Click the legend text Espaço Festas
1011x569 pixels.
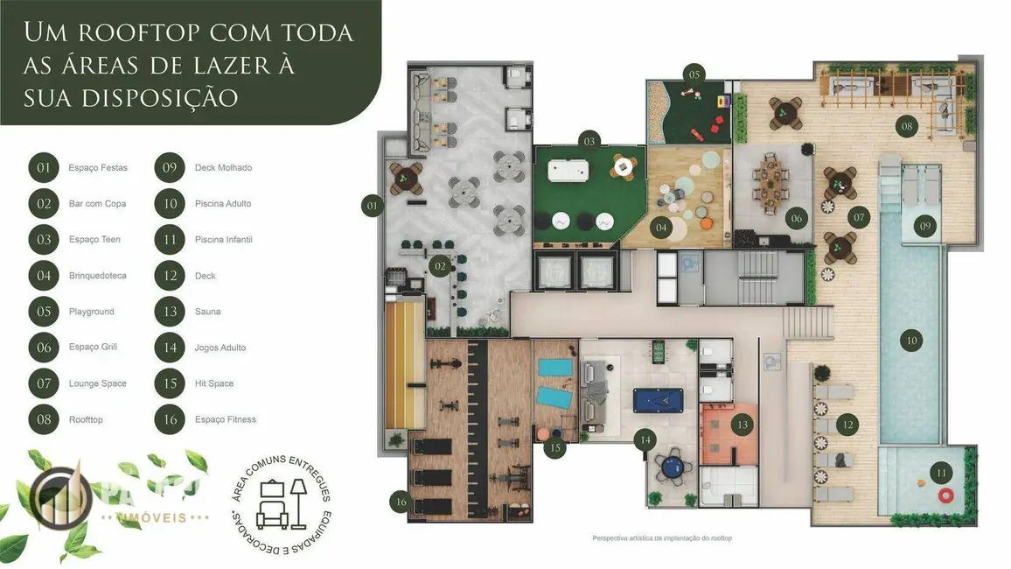(97, 167)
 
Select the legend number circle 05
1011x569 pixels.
(44, 312)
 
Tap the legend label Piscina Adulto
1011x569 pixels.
(223, 203)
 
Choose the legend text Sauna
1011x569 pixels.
(207, 312)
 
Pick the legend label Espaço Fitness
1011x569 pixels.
(225, 419)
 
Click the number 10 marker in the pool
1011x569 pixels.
(911, 340)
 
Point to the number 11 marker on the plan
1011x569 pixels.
(941, 474)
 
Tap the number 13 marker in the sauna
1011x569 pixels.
(743, 425)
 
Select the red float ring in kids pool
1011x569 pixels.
(945, 495)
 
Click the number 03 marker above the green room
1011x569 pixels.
(589, 141)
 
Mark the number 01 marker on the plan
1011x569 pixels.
(373, 207)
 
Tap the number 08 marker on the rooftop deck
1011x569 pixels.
(907, 126)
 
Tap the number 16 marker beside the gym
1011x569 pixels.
(401, 502)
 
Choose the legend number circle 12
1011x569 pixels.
(170, 276)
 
